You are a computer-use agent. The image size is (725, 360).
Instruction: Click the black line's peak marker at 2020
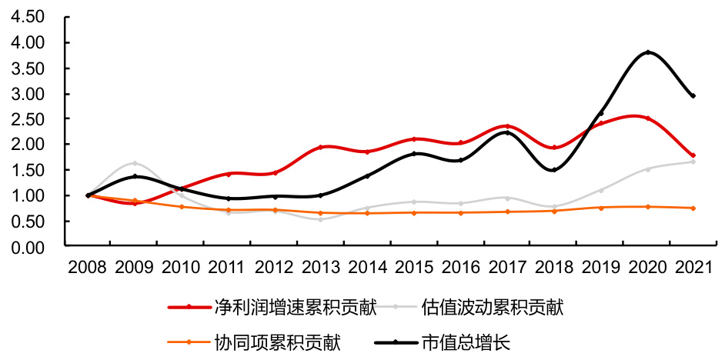coord(648,52)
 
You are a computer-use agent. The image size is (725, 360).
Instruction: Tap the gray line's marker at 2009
coord(135,163)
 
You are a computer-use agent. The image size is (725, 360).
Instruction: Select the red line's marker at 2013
coord(320,147)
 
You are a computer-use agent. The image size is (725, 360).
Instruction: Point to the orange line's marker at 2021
coord(693,208)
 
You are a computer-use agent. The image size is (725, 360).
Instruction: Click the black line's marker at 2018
coord(553,170)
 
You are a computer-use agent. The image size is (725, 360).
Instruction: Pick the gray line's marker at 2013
coord(320,219)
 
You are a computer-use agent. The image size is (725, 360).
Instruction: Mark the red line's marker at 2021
coord(693,155)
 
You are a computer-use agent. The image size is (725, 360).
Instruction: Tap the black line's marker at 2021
coord(693,95)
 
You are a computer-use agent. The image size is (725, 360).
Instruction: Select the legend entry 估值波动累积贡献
coord(493,308)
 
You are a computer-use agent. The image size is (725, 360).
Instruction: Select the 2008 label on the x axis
coord(88,267)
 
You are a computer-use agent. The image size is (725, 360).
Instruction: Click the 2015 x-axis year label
coord(414,267)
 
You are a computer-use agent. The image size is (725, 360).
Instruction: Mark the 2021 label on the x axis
coord(693,267)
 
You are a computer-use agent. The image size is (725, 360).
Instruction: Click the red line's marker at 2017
coord(507,126)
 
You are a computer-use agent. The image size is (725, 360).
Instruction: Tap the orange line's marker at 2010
coord(181,206)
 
